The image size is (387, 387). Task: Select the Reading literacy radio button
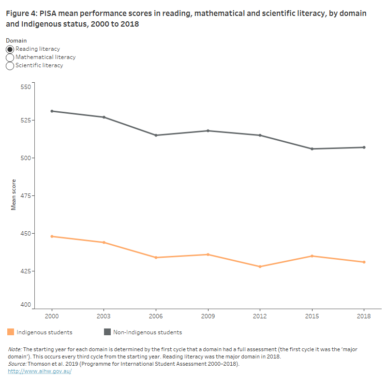tap(10, 49)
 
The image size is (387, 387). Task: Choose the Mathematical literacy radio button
tap(10, 58)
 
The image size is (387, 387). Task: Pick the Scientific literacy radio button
tap(10, 66)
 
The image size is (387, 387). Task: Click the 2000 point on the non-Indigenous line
tap(52, 111)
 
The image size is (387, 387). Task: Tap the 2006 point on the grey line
tap(156, 135)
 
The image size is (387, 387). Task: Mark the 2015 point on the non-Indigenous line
tap(312, 149)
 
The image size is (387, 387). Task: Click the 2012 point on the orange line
tap(260, 267)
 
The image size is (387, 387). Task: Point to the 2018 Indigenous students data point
tap(364, 262)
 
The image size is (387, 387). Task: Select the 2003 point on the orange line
tap(104, 242)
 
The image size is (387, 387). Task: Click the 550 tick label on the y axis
tap(25, 87)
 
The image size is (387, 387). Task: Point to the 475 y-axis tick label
tap(25, 196)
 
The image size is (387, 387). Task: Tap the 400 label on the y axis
tap(25, 305)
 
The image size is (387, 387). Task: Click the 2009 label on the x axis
tap(208, 316)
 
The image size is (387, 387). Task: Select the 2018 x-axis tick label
tap(364, 316)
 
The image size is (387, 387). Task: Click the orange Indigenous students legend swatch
tap(11, 332)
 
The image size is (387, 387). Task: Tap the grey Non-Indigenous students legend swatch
tap(107, 332)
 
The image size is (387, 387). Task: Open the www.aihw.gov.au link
tap(40, 371)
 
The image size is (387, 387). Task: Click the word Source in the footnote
tap(17, 364)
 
